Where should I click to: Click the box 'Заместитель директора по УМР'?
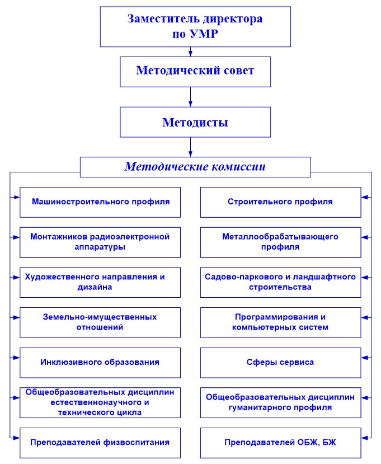coord(195,27)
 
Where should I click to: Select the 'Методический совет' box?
coord(195,72)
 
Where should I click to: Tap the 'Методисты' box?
coord(195,122)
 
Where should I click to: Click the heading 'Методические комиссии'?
coord(195,167)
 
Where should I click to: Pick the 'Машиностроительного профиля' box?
coord(100,203)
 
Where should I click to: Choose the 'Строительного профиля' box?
coord(280,203)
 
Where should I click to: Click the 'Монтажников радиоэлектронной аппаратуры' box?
coord(100,242)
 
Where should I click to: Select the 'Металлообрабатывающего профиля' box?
coord(280,242)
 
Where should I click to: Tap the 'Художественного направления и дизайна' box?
coord(100,282)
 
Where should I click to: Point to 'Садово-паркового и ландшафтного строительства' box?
coord(280,282)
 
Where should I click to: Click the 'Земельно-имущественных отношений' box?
coord(100,322)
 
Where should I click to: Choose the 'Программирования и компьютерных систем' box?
coord(280,322)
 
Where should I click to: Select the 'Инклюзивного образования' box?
coord(100,363)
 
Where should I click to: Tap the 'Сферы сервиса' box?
coord(280,363)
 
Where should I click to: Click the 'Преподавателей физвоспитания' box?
coord(100,443)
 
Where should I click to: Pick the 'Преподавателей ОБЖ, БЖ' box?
coord(280,443)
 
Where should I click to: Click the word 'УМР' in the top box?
coord(204,34)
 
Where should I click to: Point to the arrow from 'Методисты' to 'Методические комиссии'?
coord(190,147)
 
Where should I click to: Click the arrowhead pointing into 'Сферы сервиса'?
coord(364,358)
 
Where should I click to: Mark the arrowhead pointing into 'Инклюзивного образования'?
coord(17,358)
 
